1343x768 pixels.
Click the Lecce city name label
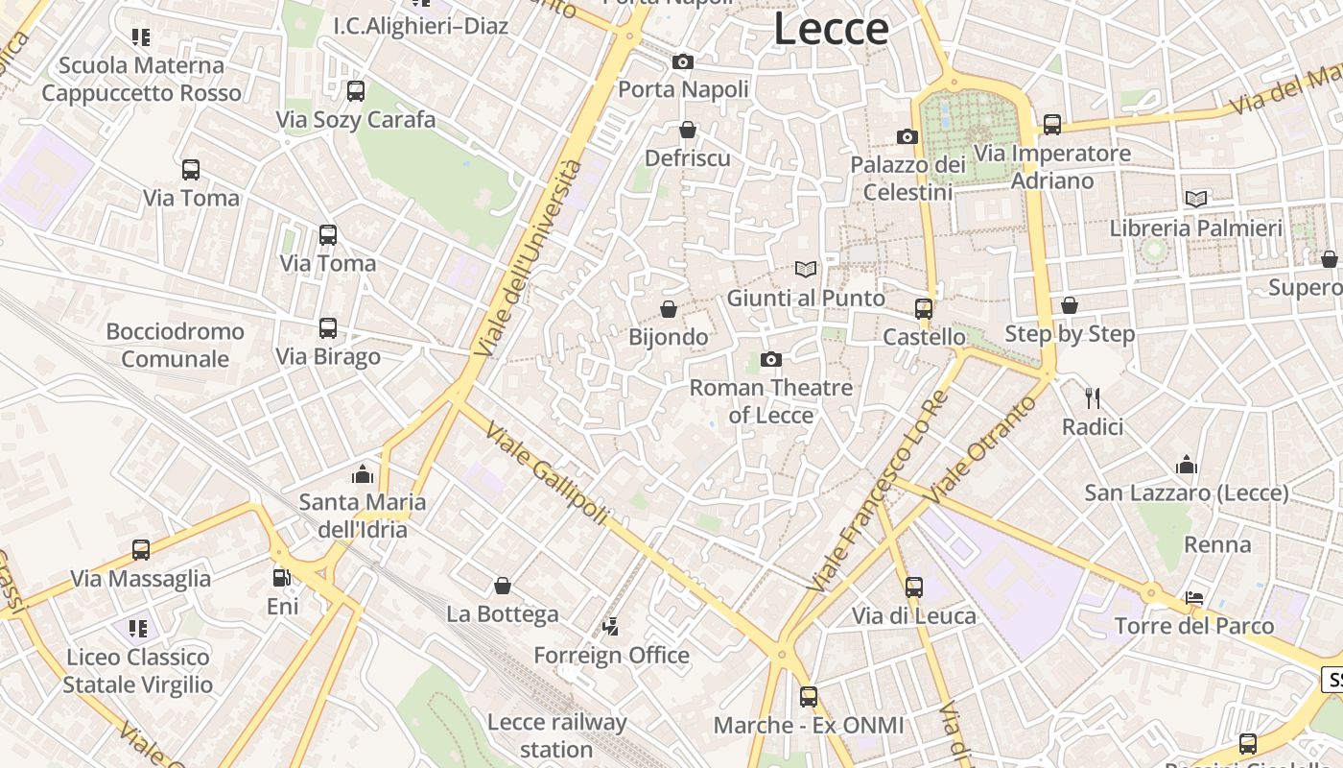tap(831, 29)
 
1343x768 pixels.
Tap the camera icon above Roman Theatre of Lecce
tap(770, 360)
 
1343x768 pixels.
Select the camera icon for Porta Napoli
tap(683, 62)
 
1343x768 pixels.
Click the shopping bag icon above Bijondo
tap(669, 309)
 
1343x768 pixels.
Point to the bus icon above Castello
tap(924, 309)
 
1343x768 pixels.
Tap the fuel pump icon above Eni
tap(282, 578)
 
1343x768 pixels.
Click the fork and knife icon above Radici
tap(1092, 397)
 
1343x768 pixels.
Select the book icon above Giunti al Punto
tap(806, 270)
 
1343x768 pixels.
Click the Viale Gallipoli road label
tap(547, 473)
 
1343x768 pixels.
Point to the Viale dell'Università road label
tap(530, 259)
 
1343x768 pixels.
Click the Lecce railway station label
tap(556, 735)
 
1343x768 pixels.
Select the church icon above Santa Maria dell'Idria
tap(363, 474)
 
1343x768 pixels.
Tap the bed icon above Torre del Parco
tap(1194, 598)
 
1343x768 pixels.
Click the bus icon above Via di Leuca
tap(914, 587)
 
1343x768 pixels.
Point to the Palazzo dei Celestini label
tap(907, 179)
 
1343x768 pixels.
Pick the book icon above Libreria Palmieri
tap(1195, 200)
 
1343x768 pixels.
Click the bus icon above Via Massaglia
tap(141, 550)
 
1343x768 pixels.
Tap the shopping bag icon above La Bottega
tap(502, 586)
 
